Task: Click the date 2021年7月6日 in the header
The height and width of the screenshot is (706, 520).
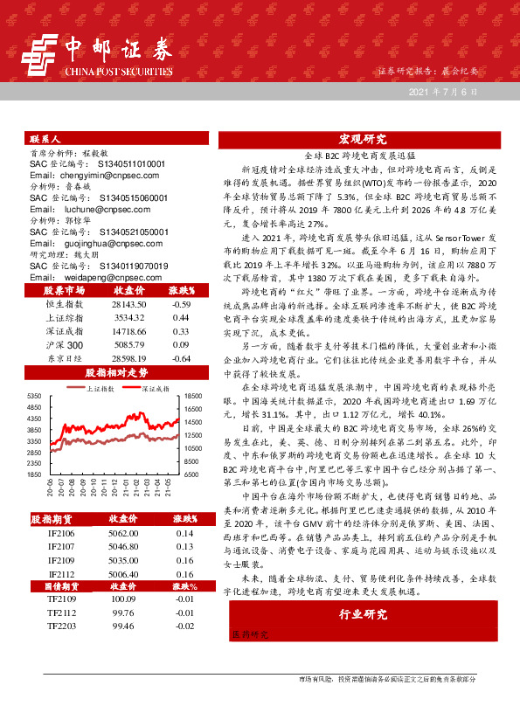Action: point(444,91)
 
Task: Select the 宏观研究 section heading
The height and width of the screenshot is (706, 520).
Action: point(363,139)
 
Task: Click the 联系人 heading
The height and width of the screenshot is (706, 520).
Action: point(45,140)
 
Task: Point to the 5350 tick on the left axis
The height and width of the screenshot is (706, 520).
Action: point(36,396)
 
